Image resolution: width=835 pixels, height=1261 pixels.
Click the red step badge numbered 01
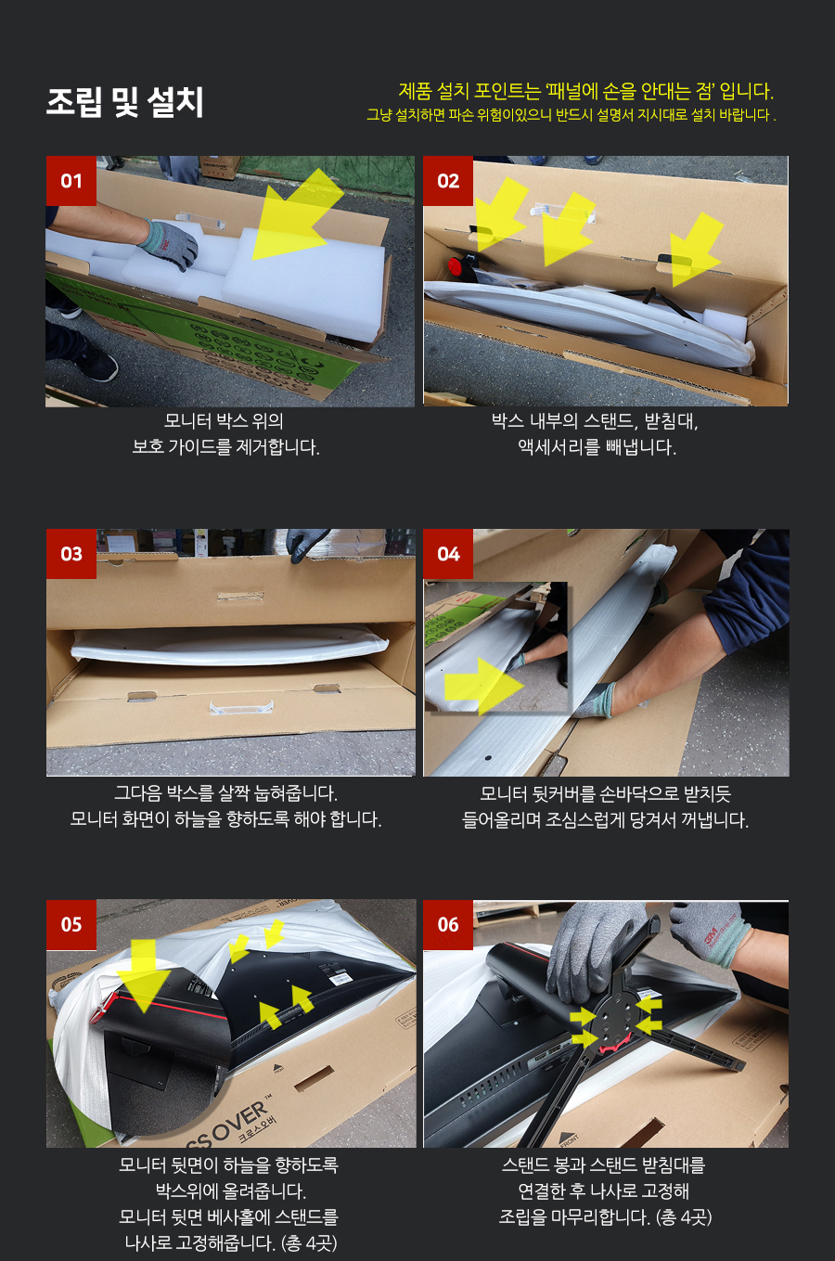click(71, 181)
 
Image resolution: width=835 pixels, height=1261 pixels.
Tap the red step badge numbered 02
click(447, 181)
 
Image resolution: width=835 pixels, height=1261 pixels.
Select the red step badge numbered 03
click(71, 554)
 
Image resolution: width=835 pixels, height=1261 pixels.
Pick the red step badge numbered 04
click(447, 554)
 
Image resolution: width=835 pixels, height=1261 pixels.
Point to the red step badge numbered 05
click(71, 925)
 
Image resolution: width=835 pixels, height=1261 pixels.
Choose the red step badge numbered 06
click(447, 925)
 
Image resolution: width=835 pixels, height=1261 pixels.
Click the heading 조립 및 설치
click(124, 102)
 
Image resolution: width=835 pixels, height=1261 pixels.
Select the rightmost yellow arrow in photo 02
click(695, 249)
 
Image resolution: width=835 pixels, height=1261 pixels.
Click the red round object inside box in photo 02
click(456, 266)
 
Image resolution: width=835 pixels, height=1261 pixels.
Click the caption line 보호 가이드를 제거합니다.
click(225, 447)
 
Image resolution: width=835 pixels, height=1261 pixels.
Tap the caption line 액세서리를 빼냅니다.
click(597, 447)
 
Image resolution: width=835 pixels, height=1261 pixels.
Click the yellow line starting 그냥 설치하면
click(572, 115)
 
